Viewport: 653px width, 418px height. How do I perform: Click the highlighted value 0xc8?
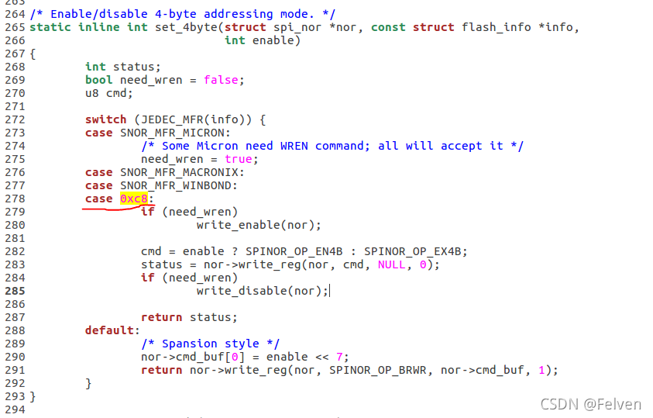(133, 199)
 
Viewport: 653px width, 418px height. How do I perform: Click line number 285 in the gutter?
(15, 291)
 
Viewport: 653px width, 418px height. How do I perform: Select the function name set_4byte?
(176, 27)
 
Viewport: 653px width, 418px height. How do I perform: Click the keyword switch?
(105, 119)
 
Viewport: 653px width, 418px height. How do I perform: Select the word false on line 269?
(222, 80)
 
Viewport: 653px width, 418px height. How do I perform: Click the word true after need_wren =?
(239, 159)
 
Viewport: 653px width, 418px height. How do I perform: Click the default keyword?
(109, 330)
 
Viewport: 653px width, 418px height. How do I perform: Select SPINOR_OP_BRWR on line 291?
(378, 370)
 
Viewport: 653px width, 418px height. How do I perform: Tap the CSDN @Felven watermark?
(591, 404)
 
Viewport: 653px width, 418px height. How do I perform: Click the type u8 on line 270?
(92, 93)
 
